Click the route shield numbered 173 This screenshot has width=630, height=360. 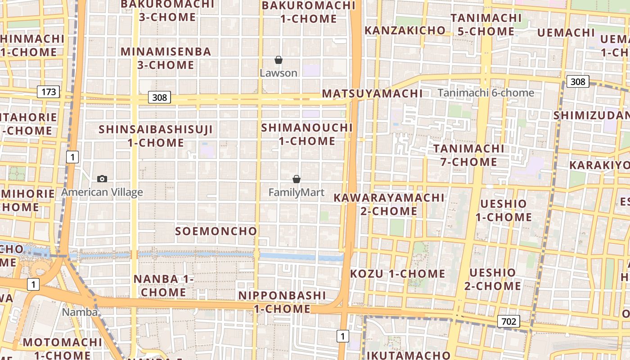(x=49, y=92)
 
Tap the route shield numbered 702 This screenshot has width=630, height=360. (x=508, y=321)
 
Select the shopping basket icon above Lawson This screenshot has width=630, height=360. (x=279, y=59)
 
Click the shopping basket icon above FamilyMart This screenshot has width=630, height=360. (x=296, y=179)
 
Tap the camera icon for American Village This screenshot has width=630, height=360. (x=102, y=179)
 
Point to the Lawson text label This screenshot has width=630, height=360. (x=279, y=73)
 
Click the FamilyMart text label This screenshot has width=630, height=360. (x=296, y=193)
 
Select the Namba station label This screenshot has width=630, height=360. (x=80, y=312)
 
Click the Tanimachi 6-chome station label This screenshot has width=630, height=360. (x=486, y=93)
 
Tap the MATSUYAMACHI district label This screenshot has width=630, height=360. (x=372, y=94)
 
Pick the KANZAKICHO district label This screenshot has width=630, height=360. (x=405, y=30)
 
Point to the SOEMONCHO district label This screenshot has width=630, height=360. (x=216, y=231)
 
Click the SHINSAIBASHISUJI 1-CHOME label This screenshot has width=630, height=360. (x=156, y=136)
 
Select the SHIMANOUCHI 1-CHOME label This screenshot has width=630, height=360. (x=307, y=134)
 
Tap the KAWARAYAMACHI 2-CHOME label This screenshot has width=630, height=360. (x=389, y=204)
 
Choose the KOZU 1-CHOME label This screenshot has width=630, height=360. (x=397, y=274)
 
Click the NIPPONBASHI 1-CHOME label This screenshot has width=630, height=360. (x=282, y=302)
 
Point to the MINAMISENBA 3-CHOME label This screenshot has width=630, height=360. (x=166, y=58)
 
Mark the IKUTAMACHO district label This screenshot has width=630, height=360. (x=409, y=355)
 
